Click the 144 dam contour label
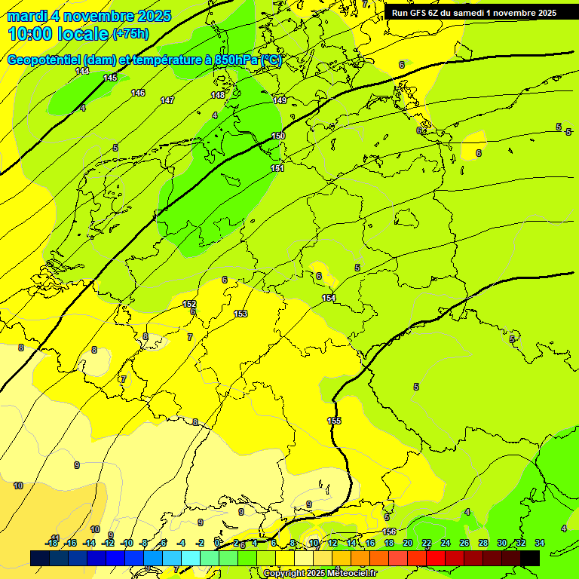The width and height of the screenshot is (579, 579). (82, 71)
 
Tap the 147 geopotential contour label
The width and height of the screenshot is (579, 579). (167, 100)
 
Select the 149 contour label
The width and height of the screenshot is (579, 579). (280, 100)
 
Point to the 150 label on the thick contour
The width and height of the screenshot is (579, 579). (278, 136)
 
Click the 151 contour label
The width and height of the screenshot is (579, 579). (277, 168)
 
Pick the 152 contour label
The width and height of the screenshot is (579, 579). (189, 304)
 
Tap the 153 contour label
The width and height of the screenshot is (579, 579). (240, 314)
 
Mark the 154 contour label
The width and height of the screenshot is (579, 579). (329, 298)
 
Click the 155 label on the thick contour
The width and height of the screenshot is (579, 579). (334, 421)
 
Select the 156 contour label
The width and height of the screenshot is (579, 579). (389, 532)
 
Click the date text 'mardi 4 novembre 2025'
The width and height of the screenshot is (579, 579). (89, 16)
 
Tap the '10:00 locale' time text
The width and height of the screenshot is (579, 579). (58, 34)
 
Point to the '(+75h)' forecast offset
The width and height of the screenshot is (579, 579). (130, 34)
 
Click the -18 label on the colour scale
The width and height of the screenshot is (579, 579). (51, 543)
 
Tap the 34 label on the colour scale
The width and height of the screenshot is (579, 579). (540, 543)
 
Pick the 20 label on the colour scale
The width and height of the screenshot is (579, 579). (408, 543)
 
